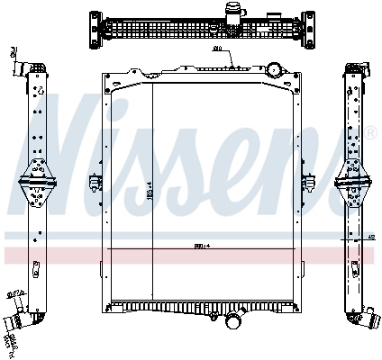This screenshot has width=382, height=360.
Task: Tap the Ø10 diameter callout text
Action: click(x=217, y=49)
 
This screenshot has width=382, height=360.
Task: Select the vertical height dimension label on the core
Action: click(x=150, y=191)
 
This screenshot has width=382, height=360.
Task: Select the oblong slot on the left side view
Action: click(x=36, y=267)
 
